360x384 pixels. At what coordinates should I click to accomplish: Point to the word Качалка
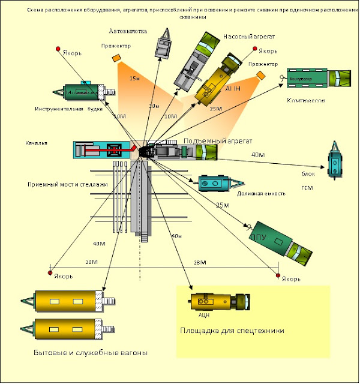[36, 143]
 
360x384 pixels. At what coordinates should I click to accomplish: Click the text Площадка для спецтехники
[232, 330]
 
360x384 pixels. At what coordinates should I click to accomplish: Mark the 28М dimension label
[199, 263]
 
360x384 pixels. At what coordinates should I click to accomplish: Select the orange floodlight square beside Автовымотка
[116, 58]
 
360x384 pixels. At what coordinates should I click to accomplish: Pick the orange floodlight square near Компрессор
[260, 74]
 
